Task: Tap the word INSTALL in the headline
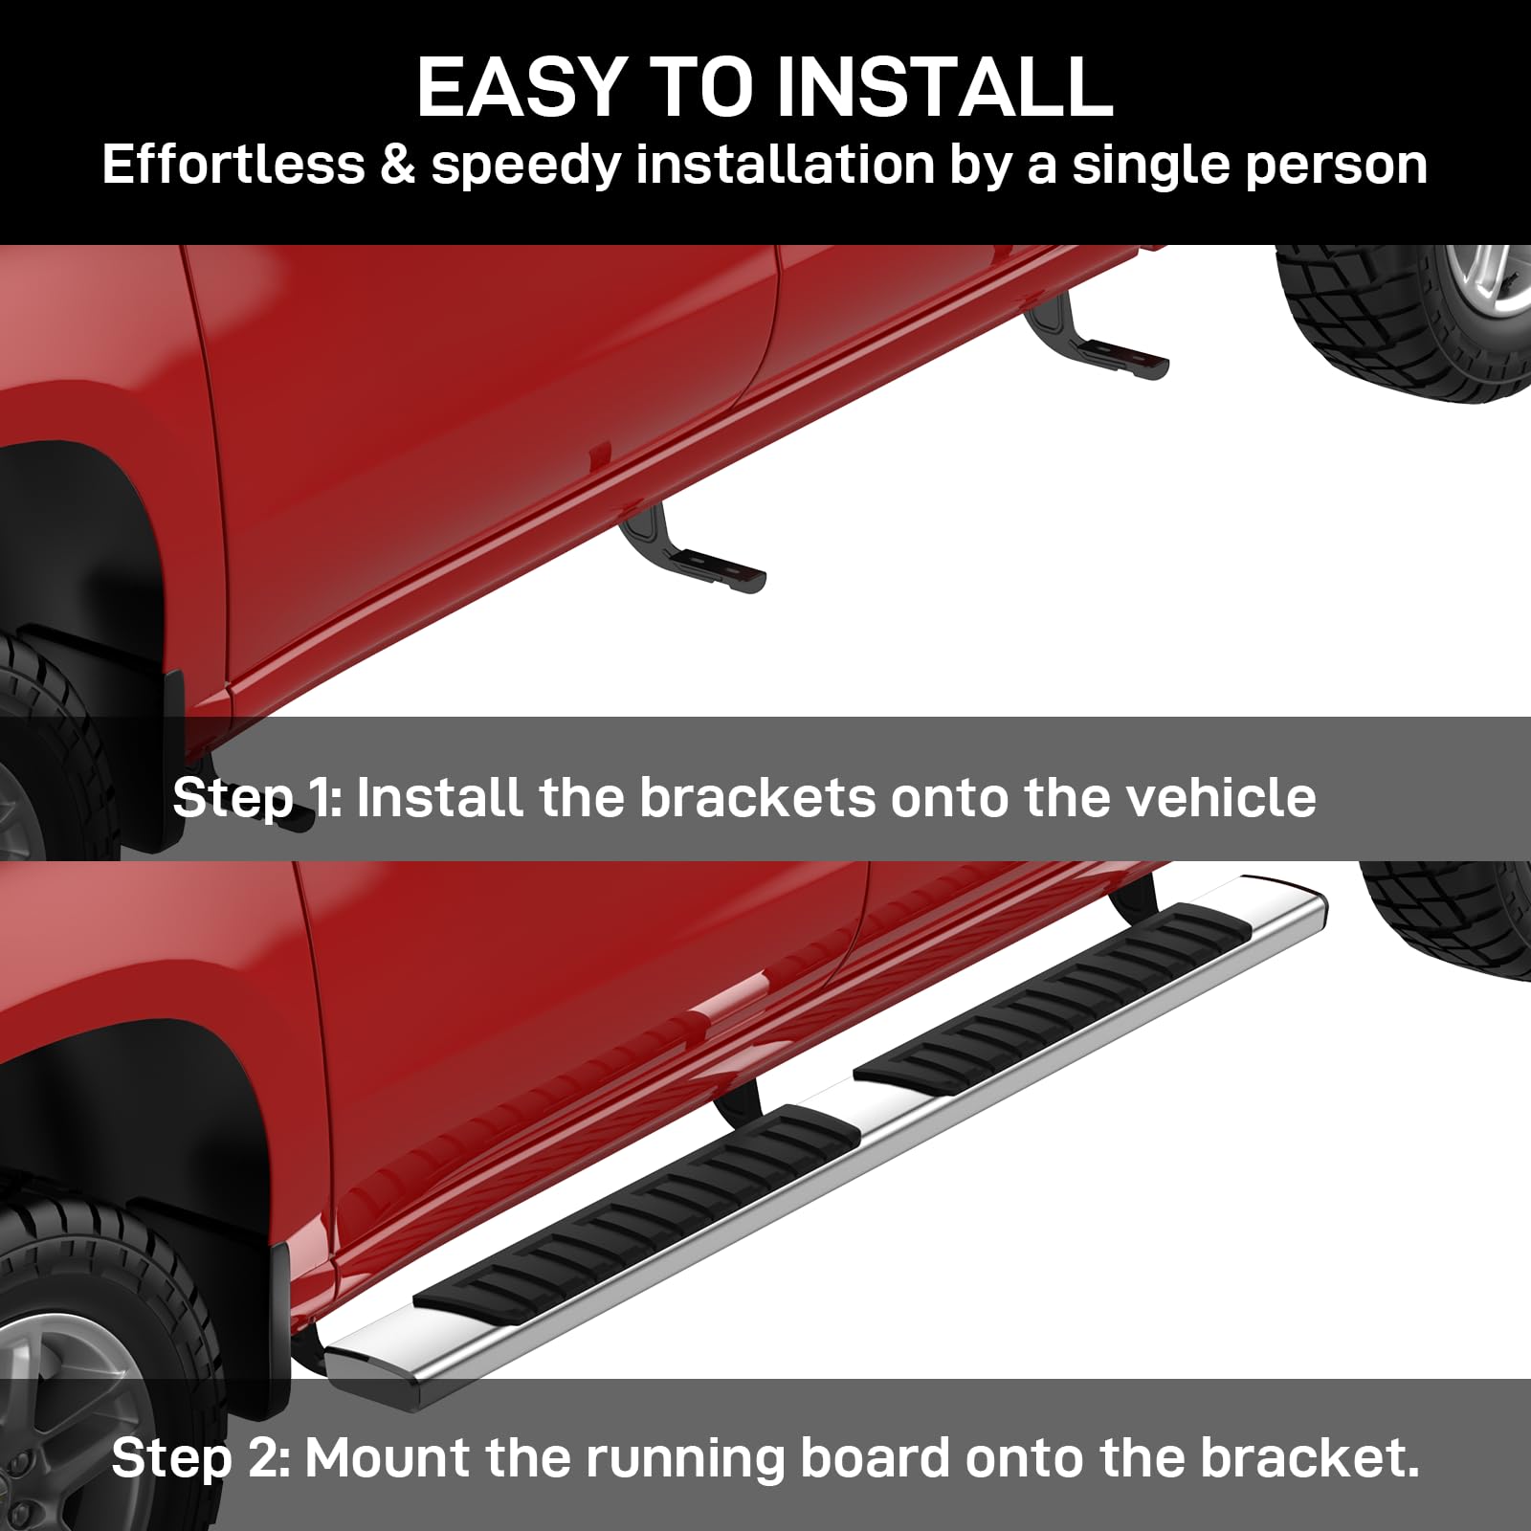944,86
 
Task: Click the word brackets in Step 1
757,797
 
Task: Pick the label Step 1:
257,799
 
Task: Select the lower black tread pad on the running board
636,1208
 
